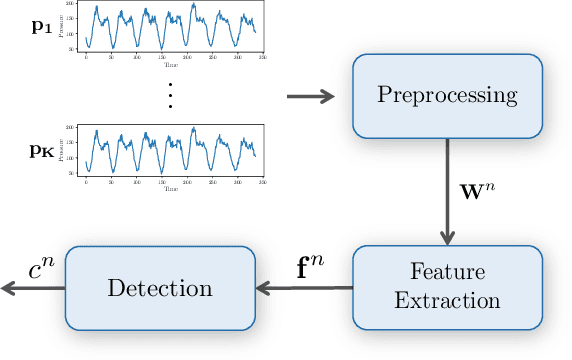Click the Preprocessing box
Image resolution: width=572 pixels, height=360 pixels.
[446, 95]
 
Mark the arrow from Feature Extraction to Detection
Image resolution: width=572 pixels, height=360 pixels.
[299, 288]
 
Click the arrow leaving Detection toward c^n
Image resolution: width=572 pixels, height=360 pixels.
[30, 288]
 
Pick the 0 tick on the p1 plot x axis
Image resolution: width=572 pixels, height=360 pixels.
[86, 56]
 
